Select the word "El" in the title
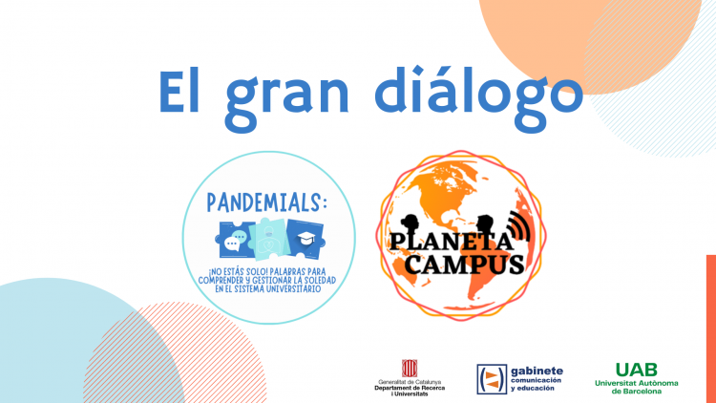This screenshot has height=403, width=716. point(179,91)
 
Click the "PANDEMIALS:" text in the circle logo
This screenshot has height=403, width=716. point(267,202)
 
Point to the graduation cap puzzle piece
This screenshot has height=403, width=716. point(305,238)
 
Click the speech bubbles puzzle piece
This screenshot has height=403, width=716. point(235,240)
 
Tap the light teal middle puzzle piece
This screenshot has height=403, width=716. point(270,239)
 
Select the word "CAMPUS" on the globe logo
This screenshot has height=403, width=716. point(465,264)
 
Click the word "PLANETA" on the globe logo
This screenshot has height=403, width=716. point(450,242)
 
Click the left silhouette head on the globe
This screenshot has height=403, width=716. point(410,225)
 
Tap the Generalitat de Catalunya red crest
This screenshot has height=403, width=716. point(410,369)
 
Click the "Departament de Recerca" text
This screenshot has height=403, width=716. point(410,388)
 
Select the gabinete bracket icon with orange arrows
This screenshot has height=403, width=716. point(492,379)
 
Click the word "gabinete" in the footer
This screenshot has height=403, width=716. point(537,371)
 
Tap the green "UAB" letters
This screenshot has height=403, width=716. point(636,370)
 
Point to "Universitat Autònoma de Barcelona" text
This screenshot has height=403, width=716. point(636,387)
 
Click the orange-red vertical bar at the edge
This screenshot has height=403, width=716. point(711,329)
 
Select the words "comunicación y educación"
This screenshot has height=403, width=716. point(537,384)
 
